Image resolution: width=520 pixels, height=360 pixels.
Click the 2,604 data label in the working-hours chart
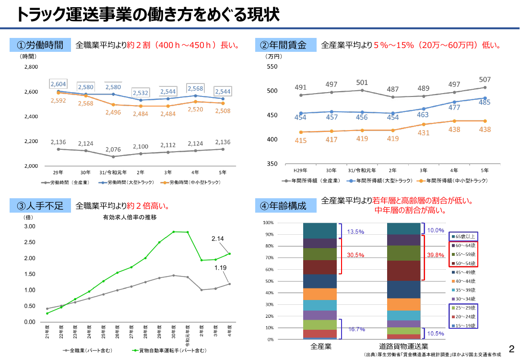coord(59,84)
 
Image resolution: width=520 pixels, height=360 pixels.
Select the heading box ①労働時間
coord(40,45)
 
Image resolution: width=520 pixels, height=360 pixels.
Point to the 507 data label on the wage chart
coord(485,80)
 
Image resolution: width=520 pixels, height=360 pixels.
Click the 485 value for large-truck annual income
coord(484,103)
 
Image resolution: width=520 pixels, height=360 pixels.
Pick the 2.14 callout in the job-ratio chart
coord(218,239)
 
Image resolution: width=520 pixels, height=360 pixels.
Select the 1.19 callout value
coord(220,267)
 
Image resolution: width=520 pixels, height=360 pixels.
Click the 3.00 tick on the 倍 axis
coord(30,226)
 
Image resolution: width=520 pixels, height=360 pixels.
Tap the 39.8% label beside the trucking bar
coord(436,255)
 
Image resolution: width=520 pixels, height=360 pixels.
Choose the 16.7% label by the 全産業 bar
coord(356,329)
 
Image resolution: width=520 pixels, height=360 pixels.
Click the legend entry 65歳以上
coord(463,237)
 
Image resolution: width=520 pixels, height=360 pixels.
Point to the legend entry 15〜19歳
coord(463,326)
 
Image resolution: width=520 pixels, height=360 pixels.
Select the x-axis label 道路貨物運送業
coord(403,347)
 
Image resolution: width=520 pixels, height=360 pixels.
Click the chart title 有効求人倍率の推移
coord(130,217)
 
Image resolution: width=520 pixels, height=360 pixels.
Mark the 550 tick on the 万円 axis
coord(272,66)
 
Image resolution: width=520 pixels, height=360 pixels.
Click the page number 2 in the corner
coord(512,348)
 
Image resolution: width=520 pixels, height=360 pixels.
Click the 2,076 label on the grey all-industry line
coord(113,150)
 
